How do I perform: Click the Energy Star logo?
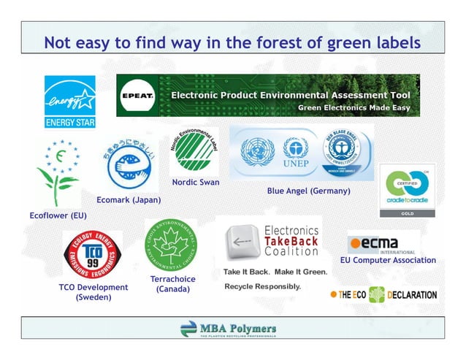[x=70, y=100]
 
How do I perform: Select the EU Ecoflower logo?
[x=58, y=172]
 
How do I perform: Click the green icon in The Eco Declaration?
[x=376, y=295]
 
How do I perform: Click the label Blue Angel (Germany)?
[x=308, y=191]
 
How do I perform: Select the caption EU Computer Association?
[x=388, y=261]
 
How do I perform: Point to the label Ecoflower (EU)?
[x=58, y=216]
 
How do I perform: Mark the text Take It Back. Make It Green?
[x=275, y=272]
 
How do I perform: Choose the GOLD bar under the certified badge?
[x=408, y=212]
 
